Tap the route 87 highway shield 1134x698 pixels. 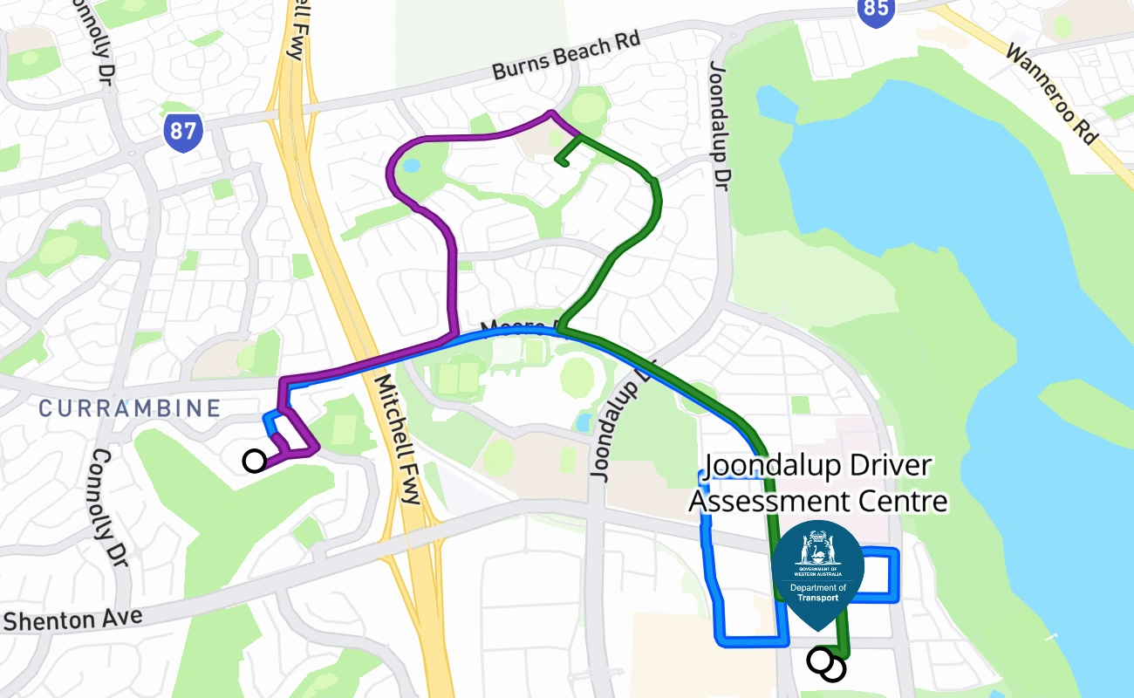[x=182, y=133]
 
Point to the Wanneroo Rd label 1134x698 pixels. [x=1051, y=94]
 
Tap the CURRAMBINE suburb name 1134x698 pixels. [x=130, y=408]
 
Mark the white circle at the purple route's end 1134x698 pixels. [x=254, y=461]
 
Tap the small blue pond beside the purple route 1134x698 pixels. [x=411, y=165]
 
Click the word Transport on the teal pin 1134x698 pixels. [x=817, y=598]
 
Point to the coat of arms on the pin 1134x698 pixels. [x=817, y=549]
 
